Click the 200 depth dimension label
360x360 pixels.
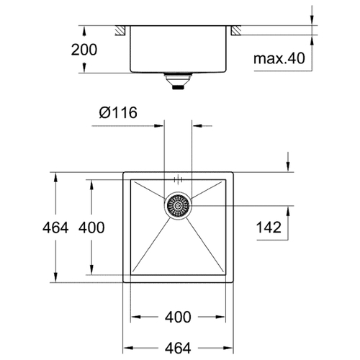[84, 50]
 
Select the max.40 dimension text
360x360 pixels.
[279, 58]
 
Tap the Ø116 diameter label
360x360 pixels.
[118, 112]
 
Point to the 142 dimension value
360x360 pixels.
[269, 228]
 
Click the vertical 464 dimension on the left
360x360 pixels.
[55, 228]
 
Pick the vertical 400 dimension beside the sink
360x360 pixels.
[91, 228]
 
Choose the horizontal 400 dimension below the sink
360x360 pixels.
[178, 317]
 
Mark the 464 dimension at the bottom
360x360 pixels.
[178, 348]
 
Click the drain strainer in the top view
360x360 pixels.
[178, 206]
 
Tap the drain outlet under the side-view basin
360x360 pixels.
[178, 81]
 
